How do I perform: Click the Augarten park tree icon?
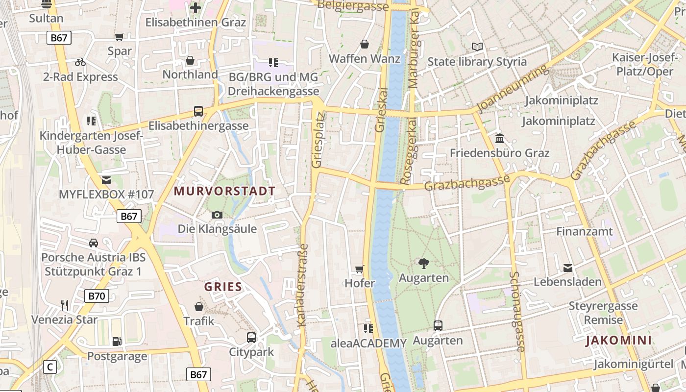[424, 264]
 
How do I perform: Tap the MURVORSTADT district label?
[225, 191]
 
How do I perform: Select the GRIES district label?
[223, 287]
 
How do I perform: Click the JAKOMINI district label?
[618, 341]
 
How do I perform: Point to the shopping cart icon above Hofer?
[360, 269]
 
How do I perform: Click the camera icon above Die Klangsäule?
[217, 215]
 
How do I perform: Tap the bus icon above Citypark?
[251, 337]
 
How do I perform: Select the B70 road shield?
[97, 295]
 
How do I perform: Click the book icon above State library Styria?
[477, 47]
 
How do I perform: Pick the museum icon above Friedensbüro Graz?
[500, 138]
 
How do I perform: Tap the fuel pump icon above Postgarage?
[117, 341]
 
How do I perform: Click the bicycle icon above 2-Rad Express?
[80, 62]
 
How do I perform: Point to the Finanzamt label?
[584, 231]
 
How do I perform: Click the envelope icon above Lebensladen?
[567, 268]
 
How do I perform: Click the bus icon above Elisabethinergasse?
[198, 111]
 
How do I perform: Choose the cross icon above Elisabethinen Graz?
[196, 8]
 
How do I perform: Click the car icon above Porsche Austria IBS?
[93, 243]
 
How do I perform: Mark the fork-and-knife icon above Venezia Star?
[65, 305]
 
